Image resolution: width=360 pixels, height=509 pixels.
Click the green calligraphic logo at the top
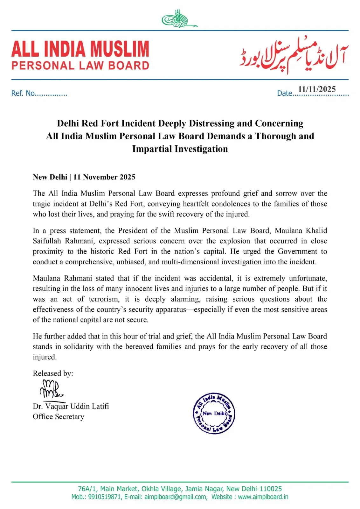pyautogui.click(x=179, y=19)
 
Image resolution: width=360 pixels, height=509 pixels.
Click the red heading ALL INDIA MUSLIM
pyautogui.click(x=80, y=49)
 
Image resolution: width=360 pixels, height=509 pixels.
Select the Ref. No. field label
pyautogui.click(x=23, y=93)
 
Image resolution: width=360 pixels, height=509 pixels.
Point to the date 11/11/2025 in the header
pyautogui.click(x=317, y=89)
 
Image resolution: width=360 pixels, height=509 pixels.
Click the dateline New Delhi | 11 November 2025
pyautogui.click(x=84, y=177)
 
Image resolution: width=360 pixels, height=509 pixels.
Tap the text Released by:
pyautogui.click(x=53, y=373)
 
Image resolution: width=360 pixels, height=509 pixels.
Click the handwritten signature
pyautogui.click(x=51, y=389)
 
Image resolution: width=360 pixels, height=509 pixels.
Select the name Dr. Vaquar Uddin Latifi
pyautogui.click(x=71, y=407)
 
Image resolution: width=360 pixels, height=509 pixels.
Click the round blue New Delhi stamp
pyautogui.click(x=214, y=413)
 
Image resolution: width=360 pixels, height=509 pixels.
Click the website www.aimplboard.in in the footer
pyautogui.click(x=263, y=497)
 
